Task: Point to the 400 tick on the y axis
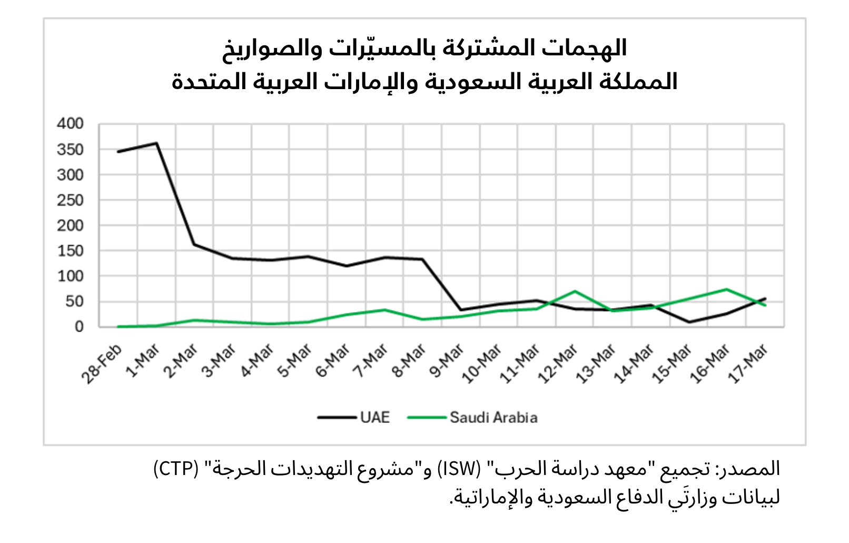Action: pos(71,124)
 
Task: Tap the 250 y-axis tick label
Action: pos(71,200)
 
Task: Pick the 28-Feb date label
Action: pos(102,364)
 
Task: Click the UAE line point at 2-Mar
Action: pos(194,244)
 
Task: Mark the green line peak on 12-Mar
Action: pos(575,291)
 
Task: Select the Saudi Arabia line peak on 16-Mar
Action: pos(727,289)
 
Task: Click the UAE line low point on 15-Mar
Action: pos(689,322)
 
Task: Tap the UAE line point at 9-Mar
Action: pos(461,310)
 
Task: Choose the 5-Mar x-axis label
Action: pos(295,361)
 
